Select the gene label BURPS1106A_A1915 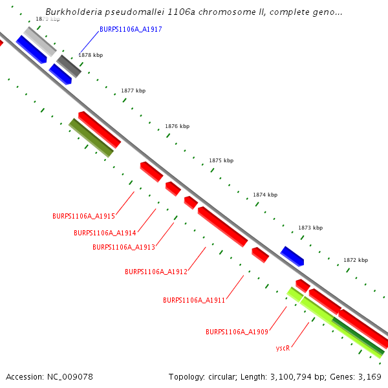click(83, 216)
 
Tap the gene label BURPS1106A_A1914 click(105, 233)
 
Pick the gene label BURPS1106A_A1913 click(124, 247)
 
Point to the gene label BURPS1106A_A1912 click(156, 272)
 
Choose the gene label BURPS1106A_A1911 click(194, 301)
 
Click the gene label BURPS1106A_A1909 click(237, 332)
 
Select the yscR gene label click(283, 348)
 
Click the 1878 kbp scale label click(91, 56)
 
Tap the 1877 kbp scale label click(133, 91)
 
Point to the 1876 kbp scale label click(177, 127)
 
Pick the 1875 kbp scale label click(221, 160)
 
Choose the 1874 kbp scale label click(265, 195)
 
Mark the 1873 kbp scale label click(310, 228)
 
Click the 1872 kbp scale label click(355, 260)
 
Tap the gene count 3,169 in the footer click(369, 376)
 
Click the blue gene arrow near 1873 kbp click(292, 256)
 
